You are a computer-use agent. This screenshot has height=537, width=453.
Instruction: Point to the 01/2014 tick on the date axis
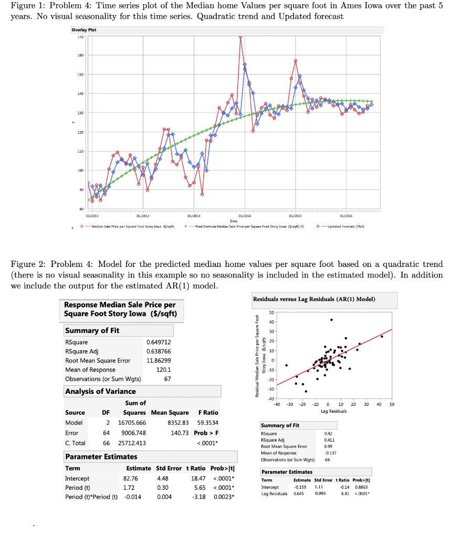[x=244, y=214]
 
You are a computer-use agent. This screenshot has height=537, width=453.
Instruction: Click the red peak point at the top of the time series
[x=240, y=37]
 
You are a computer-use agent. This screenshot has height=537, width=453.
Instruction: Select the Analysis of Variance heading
[x=100, y=391]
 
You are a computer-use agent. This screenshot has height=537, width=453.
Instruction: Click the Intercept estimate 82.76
[x=130, y=478]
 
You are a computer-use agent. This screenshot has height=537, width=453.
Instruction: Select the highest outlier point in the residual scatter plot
[x=331, y=319]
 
